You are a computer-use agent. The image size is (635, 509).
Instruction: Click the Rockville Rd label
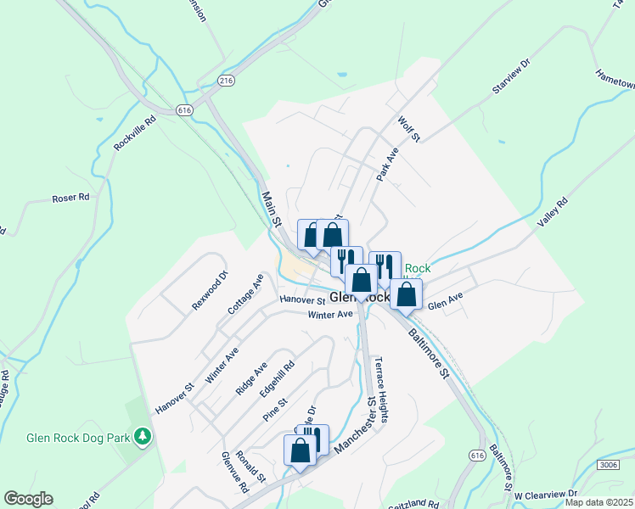click(136, 134)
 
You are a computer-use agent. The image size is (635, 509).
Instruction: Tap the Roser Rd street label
click(70, 199)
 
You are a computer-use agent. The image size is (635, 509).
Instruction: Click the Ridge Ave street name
click(251, 378)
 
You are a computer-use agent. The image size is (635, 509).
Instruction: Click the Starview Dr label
click(510, 76)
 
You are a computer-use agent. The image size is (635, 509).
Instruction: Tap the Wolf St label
click(409, 129)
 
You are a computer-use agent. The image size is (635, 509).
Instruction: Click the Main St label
click(272, 209)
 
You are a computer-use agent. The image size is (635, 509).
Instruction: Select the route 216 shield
click(225, 81)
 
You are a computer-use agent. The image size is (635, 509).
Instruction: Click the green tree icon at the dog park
click(144, 437)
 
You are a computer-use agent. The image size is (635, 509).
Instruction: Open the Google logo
click(28, 499)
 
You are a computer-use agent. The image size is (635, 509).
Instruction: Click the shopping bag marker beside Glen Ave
click(407, 295)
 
